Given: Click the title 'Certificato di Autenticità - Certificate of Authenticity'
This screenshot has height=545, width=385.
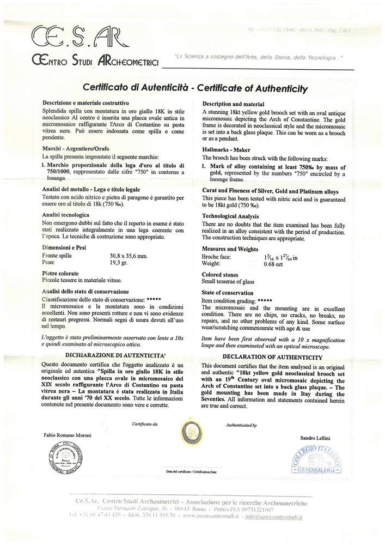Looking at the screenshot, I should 195,88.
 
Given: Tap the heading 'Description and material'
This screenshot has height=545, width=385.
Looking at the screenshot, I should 233,104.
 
